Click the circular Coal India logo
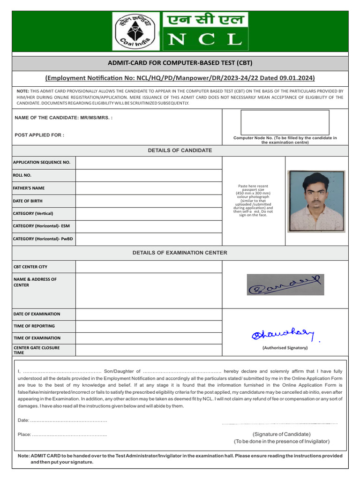click(x=136, y=31)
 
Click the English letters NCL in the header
click(x=205, y=39)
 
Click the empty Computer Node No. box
click(x=285, y=122)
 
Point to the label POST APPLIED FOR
click(x=39, y=135)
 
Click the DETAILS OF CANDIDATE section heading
click(x=180, y=150)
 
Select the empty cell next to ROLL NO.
click(x=149, y=175)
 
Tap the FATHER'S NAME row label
click(x=29, y=188)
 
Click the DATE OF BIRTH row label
click(x=28, y=201)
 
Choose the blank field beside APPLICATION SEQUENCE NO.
click(x=149, y=163)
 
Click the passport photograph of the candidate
click(x=316, y=201)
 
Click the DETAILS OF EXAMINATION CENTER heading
click(x=180, y=253)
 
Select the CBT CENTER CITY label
click(x=30, y=267)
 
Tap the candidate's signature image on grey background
click(x=285, y=285)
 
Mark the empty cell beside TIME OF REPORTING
click(x=149, y=326)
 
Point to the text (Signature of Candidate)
click(x=281, y=434)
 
